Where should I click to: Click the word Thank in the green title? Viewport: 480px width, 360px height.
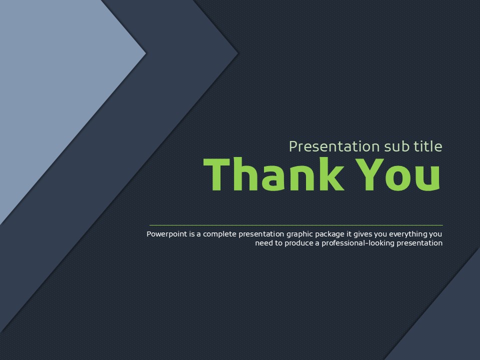(273, 174)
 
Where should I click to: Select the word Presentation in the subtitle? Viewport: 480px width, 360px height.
(334, 146)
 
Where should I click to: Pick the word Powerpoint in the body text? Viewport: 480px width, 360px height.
(167, 234)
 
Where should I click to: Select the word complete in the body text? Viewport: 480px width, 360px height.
(220, 234)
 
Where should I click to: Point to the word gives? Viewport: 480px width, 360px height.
(363, 234)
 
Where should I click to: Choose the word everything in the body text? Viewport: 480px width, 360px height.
(408, 234)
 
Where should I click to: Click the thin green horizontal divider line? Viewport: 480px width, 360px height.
(296, 225)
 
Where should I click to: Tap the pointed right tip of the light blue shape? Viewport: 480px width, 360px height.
(145, 53)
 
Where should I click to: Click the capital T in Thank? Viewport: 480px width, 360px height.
(216, 174)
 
